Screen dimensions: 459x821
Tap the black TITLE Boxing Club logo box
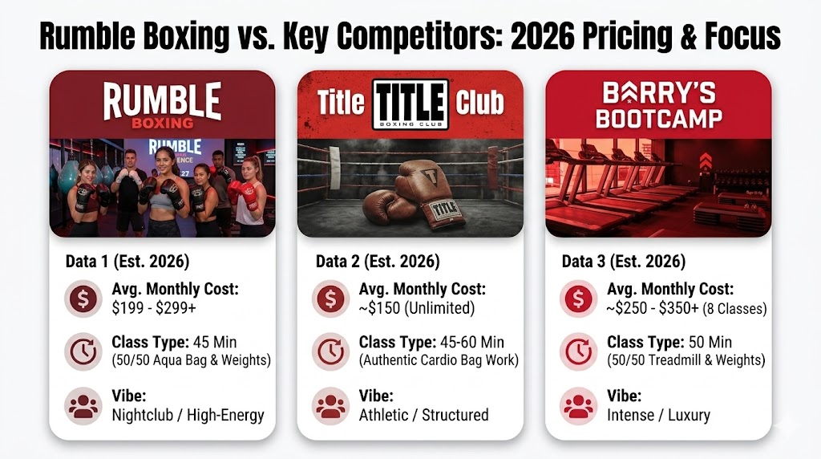point(410,104)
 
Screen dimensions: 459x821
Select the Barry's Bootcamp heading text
point(658,105)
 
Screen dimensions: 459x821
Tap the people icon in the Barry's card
point(579,405)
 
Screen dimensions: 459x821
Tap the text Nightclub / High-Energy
point(188,415)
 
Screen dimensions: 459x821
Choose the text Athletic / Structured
point(423,415)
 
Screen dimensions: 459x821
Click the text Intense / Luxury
point(658,415)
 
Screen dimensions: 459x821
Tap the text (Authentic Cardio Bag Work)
point(439,360)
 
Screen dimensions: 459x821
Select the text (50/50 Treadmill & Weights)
point(684,360)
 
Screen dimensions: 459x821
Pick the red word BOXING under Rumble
point(163,123)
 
